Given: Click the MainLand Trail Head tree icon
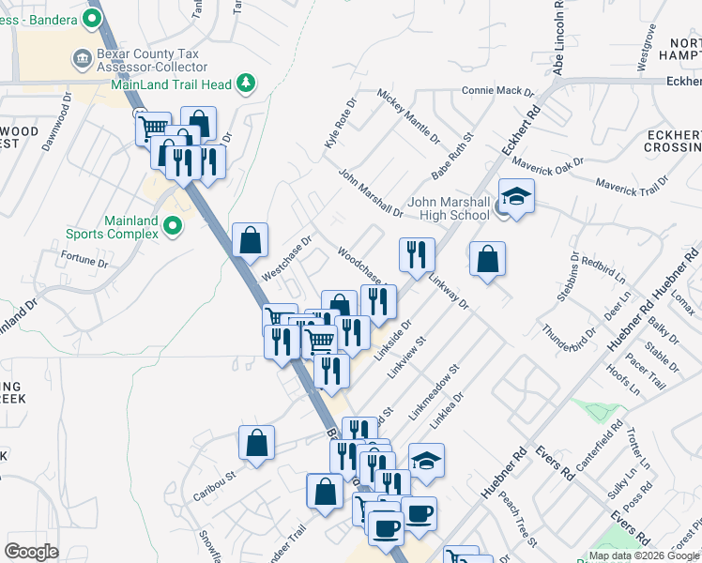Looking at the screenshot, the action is click(247, 84).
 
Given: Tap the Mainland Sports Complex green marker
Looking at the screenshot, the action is click(173, 225).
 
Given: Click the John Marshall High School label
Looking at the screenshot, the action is click(449, 208).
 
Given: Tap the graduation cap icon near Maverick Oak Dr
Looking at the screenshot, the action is click(515, 196).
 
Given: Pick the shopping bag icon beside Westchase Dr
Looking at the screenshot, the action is click(251, 240).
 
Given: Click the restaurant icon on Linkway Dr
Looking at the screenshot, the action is click(417, 254).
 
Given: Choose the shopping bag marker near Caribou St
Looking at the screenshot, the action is click(256, 444).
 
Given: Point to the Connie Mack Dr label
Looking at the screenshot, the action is click(497, 92).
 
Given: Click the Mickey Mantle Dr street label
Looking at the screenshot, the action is click(408, 115).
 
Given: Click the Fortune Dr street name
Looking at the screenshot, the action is click(84, 260).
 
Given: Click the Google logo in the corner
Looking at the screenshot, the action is click(32, 551).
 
